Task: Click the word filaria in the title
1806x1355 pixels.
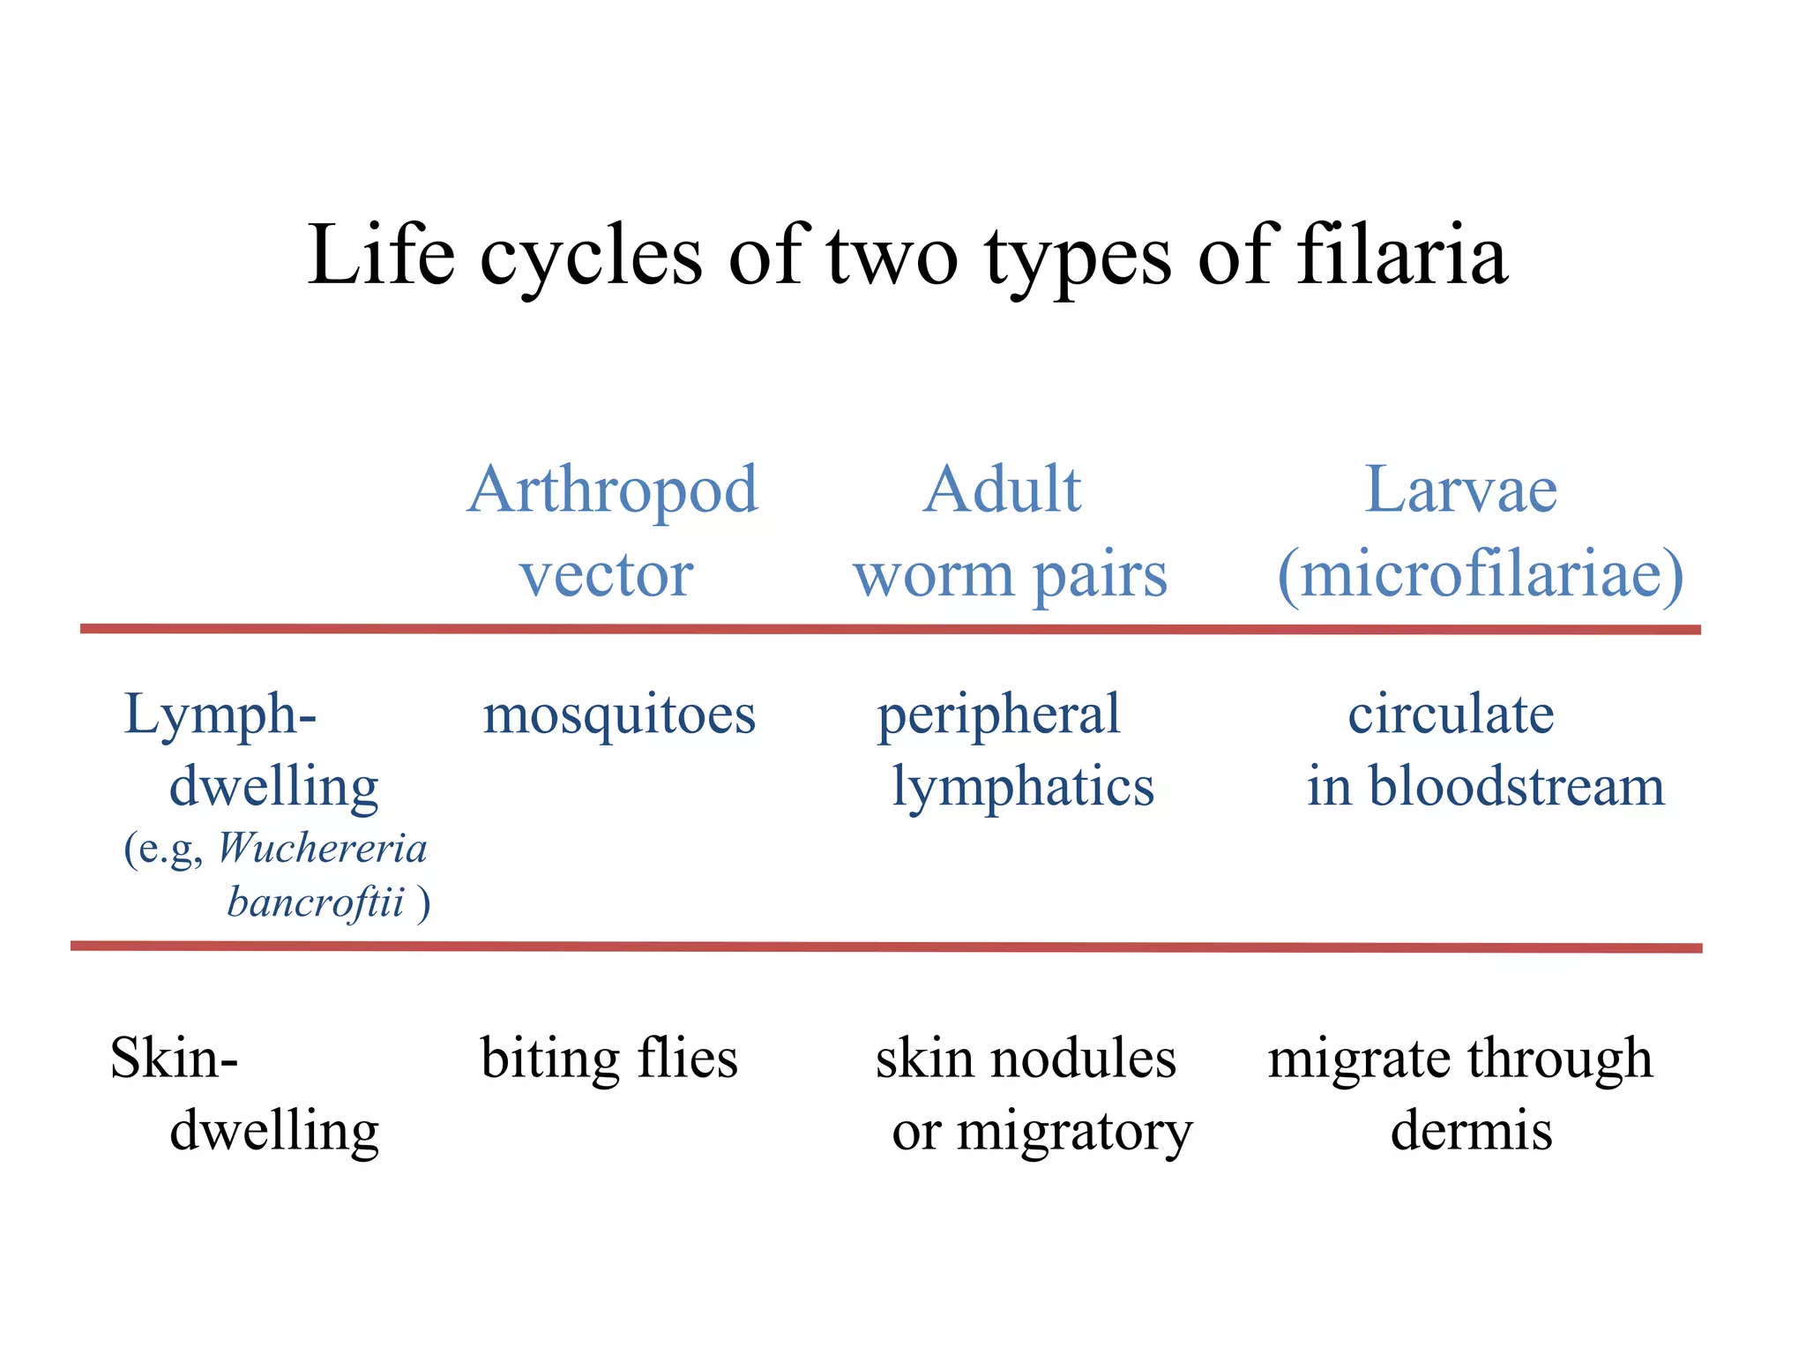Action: click(x=1402, y=256)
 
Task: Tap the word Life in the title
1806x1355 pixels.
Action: click(x=381, y=256)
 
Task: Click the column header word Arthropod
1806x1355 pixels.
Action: click(x=612, y=490)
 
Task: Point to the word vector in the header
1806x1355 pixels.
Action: click(x=607, y=575)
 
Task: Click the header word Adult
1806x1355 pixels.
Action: click(x=1003, y=490)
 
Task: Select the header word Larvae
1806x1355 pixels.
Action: click(x=1460, y=490)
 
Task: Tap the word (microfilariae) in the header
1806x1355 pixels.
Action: click(x=1481, y=575)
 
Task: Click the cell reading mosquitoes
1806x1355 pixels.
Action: click(x=619, y=715)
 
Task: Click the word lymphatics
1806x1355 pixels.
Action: click(x=1023, y=788)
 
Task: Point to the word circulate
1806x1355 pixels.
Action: click(x=1451, y=715)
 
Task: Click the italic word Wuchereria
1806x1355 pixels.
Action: click(x=322, y=849)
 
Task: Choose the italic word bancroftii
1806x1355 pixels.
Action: click(x=316, y=902)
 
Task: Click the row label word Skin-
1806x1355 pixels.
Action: click(x=174, y=1058)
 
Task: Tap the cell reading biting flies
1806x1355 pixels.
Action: click(x=608, y=1058)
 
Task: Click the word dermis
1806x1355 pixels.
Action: click(x=1471, y=1130)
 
